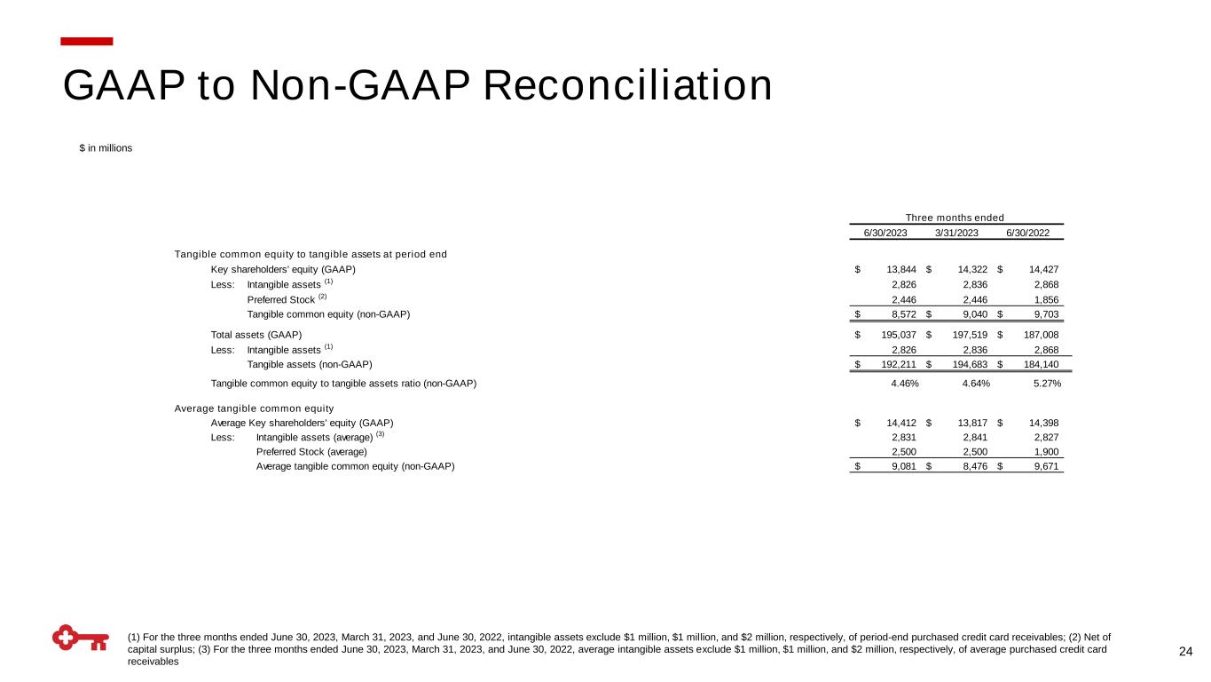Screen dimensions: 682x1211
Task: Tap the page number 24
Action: coord(1185,653)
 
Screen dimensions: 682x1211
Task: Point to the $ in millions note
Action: coord(106,148)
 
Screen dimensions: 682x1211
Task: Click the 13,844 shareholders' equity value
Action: coord(901,269)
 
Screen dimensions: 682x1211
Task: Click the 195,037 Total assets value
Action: coord(899,335)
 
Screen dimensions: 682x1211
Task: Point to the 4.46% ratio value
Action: coord(904,384)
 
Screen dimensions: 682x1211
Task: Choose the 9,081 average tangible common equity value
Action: coord(901,467)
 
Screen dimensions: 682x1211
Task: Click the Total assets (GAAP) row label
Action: coord(256,335)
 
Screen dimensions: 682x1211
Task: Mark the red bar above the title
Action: coord(87,41)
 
